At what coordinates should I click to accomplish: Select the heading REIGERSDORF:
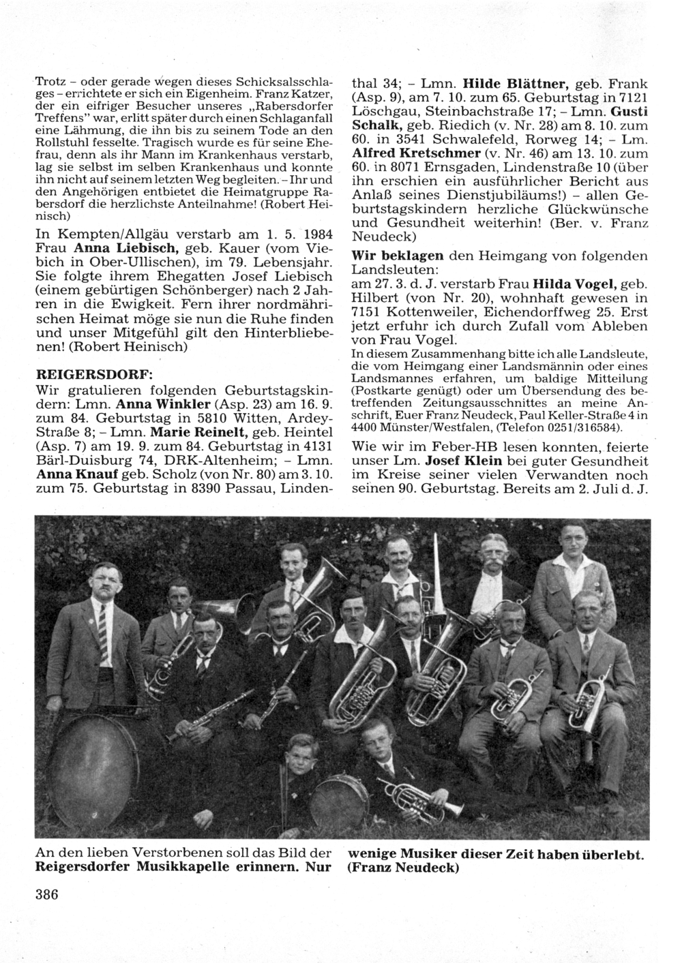[94, 376]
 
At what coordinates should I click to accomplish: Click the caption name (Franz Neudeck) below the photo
[404, 868]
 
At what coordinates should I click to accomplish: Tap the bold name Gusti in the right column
[627, 111]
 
